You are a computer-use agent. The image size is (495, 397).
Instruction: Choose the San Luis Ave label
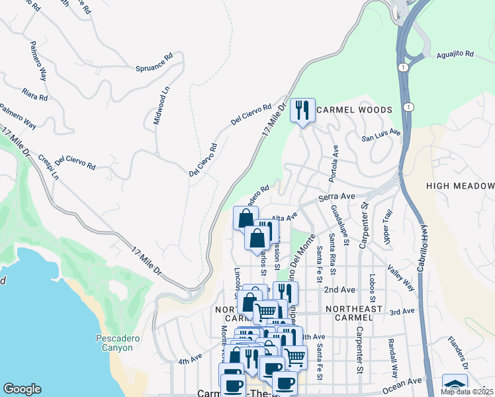(x=381, y=136)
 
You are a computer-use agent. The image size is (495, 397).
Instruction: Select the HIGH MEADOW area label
(x=461, y=186)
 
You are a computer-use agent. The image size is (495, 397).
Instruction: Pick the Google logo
(x=22, y=389)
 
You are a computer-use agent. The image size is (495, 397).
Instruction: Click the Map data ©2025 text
(x=467, y=391)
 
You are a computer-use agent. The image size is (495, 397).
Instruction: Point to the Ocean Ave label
(x=406, y=382)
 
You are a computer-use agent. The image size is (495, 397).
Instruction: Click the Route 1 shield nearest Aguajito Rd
(x=402, y=67)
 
